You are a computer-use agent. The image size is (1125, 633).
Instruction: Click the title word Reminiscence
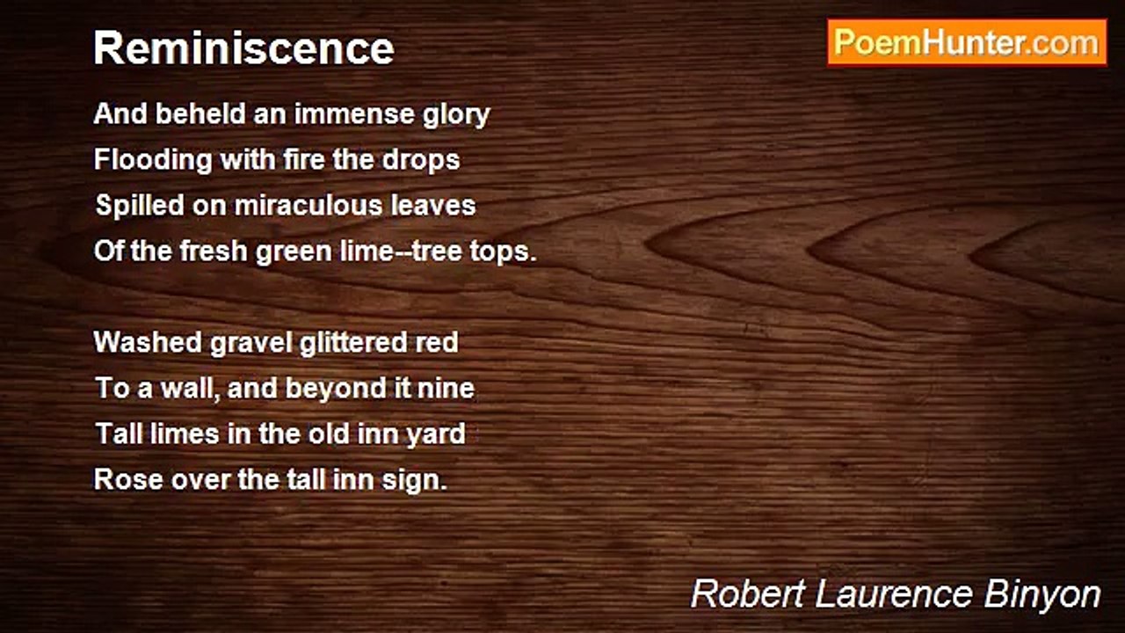pos(243,48)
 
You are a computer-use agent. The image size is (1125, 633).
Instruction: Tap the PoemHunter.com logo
pos(967,42)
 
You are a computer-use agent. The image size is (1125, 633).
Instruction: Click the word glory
pos(454,115)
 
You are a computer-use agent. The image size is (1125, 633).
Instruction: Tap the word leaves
pos(435,206)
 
